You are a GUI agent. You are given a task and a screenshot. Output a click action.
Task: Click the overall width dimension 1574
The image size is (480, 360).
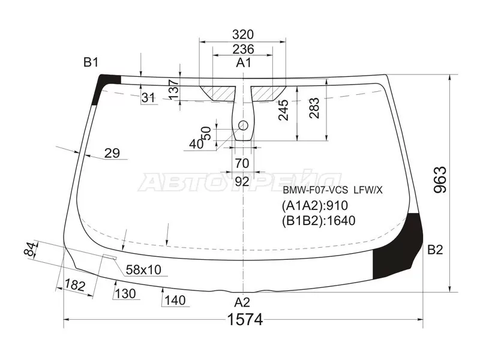pos(245,320)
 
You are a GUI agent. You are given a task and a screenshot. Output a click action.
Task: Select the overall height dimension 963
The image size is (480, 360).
pos(440,179)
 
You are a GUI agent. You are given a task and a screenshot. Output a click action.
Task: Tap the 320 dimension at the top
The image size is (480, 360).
pos(243,35)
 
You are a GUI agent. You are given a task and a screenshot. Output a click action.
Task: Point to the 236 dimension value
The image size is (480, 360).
pos(243,49)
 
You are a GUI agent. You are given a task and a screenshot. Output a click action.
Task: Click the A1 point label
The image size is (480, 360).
pos(244,63)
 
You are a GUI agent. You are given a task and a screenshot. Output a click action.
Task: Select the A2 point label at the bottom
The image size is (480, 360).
pos(242,302)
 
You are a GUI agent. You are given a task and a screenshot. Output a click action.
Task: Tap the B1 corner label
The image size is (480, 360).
pos(91,62)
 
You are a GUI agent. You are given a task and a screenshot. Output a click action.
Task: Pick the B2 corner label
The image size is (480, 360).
pos(435,250)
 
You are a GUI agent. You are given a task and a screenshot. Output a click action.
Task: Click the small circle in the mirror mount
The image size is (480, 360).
pos(243,125)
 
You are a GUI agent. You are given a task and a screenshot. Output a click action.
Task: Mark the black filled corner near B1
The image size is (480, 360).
pos(104,84)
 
